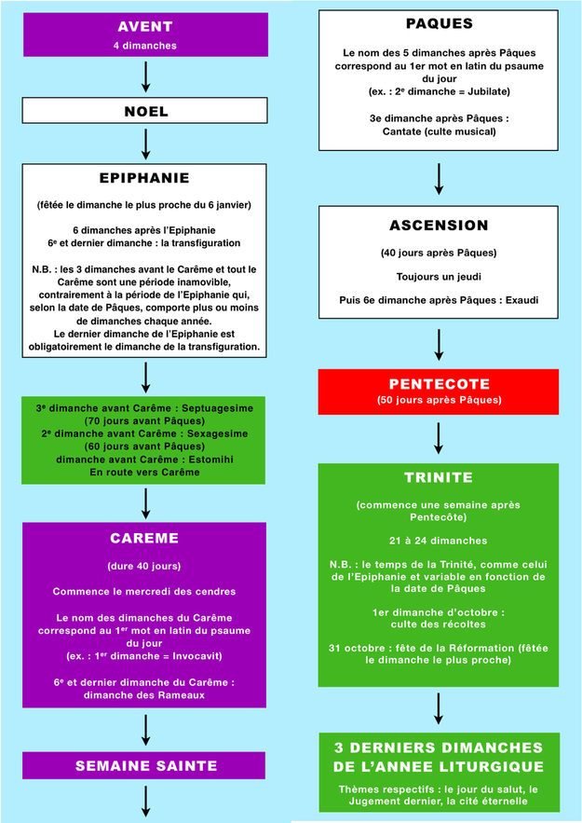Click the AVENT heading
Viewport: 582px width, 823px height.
[x=145, y=25]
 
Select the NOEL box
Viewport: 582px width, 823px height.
[x=146, y=111]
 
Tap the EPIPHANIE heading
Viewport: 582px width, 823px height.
[x=145, y=178]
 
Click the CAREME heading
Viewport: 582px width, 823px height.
[x=145, y=539]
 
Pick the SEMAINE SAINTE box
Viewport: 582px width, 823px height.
[x=145, y=766]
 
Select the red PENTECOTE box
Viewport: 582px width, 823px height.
[x=438, y=391]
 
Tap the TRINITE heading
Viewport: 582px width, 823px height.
[x=438, y=478]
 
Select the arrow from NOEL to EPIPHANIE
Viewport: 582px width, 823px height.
[x=146, y=143]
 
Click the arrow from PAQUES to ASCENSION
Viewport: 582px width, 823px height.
[x=438, y=180]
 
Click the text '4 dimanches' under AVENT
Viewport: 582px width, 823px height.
[x=145, y=45]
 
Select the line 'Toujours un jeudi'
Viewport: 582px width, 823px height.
[x=438, y=277]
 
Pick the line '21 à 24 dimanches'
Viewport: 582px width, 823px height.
[x=438, y=540]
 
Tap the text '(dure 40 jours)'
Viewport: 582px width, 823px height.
[x=145, y=566]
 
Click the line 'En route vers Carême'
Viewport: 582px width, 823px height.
[x=145, y=473]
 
